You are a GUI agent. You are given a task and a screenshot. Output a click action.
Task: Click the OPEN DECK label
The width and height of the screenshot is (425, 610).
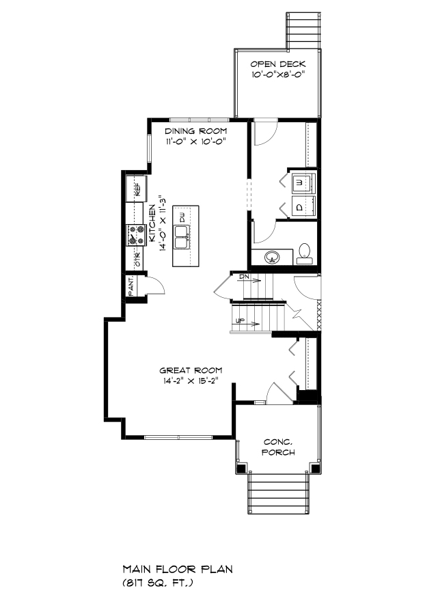278,64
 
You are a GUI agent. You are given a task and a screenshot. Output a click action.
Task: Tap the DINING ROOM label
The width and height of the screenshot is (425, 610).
196,131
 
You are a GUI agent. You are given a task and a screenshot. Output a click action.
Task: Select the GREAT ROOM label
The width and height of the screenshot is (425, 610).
191,370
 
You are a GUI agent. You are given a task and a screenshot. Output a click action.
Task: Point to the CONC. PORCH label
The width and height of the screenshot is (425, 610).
278,447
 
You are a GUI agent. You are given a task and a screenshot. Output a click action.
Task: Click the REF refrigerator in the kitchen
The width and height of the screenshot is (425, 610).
136,189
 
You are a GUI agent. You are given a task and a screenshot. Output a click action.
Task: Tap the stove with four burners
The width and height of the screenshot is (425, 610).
136,236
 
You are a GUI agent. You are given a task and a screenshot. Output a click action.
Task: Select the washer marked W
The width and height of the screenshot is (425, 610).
303,182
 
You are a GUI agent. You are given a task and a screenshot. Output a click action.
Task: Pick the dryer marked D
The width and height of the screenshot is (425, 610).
303,206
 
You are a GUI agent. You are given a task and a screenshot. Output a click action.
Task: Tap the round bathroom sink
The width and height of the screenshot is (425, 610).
272,257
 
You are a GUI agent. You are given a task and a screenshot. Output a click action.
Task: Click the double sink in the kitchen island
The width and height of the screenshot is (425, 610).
182,237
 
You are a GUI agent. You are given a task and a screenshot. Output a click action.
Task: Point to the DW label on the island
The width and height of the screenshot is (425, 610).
182,218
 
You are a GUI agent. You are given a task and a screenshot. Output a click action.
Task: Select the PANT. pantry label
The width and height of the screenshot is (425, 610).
131,286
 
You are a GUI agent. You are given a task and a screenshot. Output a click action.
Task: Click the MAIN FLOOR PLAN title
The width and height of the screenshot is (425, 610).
178,569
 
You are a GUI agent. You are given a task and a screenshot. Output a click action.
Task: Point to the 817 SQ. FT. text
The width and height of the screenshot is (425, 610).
158,583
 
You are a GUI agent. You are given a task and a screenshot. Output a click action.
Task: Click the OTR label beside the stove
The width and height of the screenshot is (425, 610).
137,260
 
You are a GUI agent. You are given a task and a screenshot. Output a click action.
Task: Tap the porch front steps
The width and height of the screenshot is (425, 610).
279,493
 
